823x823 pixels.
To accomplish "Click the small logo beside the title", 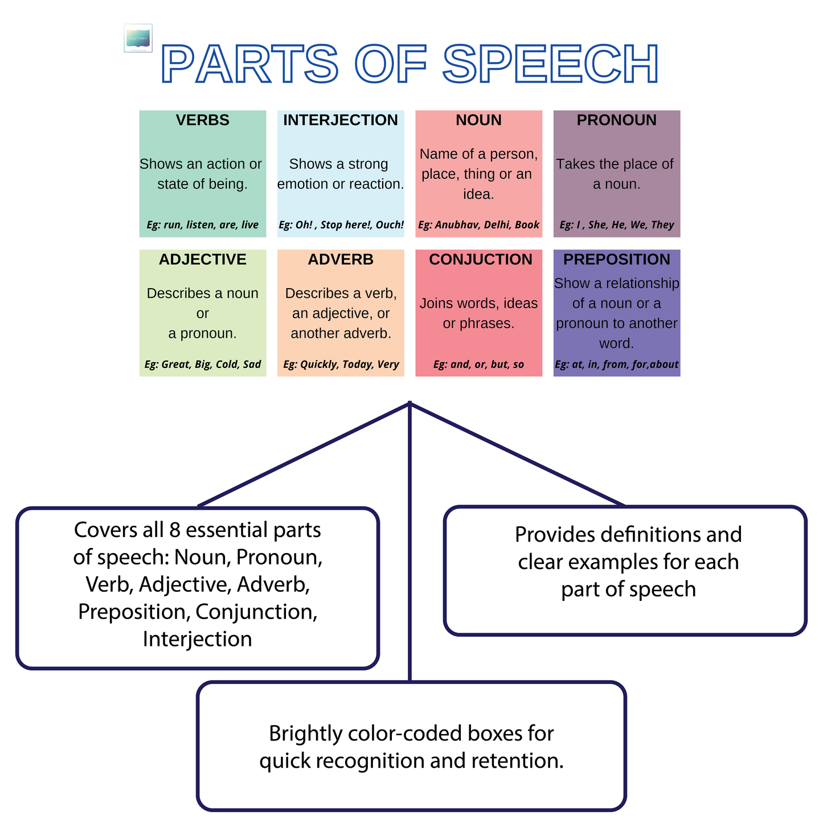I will tap(138, 38).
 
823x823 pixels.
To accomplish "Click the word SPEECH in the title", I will tap(551, 64).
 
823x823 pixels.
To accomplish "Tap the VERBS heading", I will tap(202, 120).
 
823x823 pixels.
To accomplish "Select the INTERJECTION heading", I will tap(341, 120).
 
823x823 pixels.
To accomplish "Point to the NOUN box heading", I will tap(478, 120).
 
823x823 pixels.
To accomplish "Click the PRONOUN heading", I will tap(616, 120).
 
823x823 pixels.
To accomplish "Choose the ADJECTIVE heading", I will tap(202, 260).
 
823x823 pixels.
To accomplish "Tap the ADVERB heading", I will tap(341, 260).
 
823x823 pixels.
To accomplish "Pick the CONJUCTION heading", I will tap(480, 260).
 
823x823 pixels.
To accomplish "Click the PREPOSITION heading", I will tap(616, 260).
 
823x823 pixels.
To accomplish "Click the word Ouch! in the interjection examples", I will tap(390, 225).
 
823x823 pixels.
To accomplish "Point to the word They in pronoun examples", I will tap(662, 225).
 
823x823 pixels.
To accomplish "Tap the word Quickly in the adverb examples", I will tap(318, 365).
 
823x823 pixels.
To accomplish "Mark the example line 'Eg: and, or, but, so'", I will tap(478, 365).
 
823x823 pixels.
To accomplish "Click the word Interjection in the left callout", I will tap(197, 639).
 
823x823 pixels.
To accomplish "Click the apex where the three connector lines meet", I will tap(410, 403).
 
